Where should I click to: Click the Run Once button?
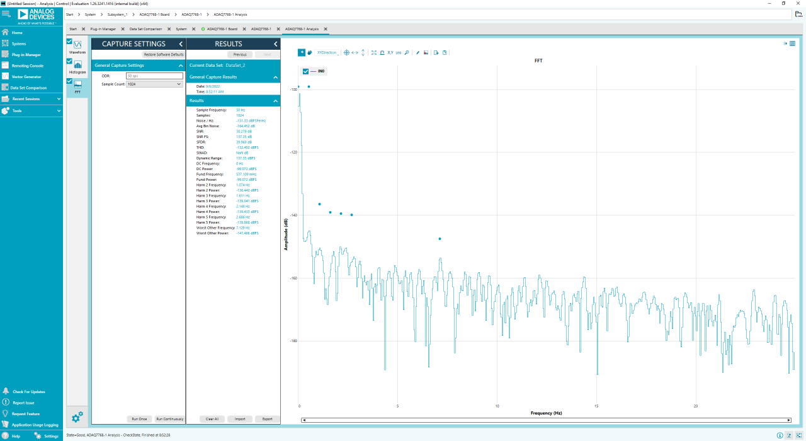pos(139,419)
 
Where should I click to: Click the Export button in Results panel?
pos(267,419)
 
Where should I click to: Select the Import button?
pos(240,419)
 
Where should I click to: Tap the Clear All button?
pos(212,419)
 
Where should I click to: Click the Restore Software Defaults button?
pos(163,54)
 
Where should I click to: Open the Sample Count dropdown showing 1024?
pos(154,84)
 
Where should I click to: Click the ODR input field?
pos(154,76)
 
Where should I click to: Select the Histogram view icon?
pos(77,65)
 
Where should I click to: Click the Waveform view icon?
pos(77,45)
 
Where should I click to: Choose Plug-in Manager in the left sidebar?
pos(26,55)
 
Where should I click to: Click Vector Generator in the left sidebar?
pos(26,77)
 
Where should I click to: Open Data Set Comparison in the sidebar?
pos(28,88)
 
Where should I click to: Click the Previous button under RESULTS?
pos(240,55)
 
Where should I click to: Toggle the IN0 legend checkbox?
pos(306,71)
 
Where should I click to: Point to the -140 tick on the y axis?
pos(293,215)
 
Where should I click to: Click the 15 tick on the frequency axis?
pos(596,406)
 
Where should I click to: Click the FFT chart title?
pos(538,61)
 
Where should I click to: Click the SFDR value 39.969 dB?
pos(244,142)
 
